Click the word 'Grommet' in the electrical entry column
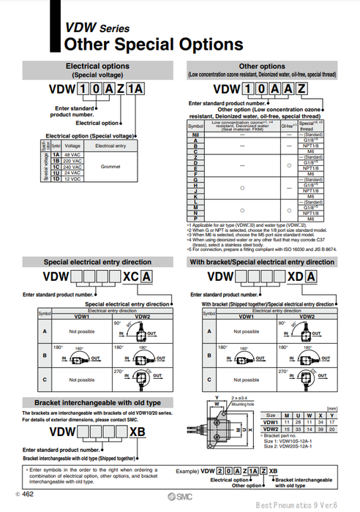coord(110,167)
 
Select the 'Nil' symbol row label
coord(195,135)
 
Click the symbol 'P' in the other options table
coord(195,219)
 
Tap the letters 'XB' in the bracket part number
coord(136,432)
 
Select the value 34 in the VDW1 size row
coord(323,422)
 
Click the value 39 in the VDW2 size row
coord(323,428)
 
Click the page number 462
coord(28,495)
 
